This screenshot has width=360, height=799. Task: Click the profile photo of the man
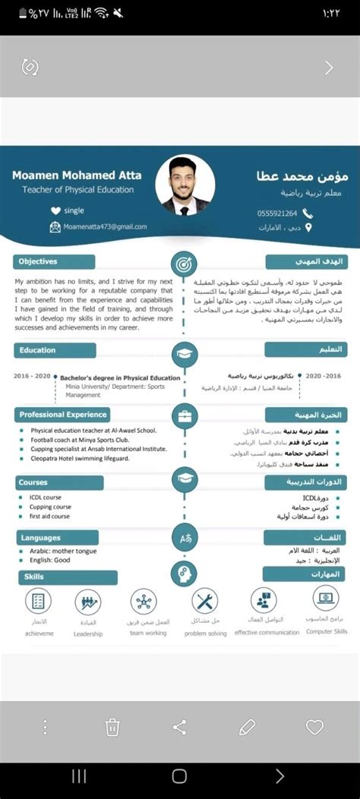point(185,185)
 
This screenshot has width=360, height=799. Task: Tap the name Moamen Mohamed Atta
point(77,175)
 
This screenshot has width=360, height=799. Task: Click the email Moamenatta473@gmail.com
point(105,226)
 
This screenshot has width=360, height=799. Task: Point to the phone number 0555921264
point(277,213)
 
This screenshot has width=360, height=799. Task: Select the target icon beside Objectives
point(185,264)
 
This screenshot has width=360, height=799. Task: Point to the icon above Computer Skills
point(326,600)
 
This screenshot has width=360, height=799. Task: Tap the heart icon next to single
point(55,210)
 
